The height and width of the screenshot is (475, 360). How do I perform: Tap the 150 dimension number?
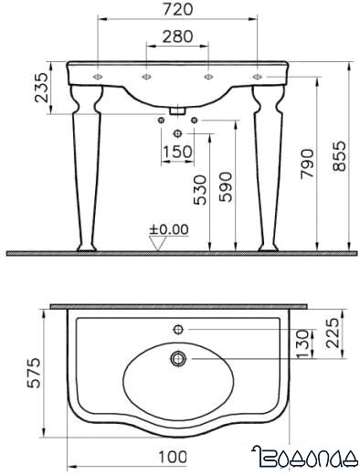tap(178, 152)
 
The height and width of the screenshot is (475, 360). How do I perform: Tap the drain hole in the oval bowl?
tap(178, 359)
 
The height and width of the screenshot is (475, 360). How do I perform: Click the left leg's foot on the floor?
tap(87, 248)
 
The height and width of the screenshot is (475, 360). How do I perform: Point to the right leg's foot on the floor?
tap(269, 248)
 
